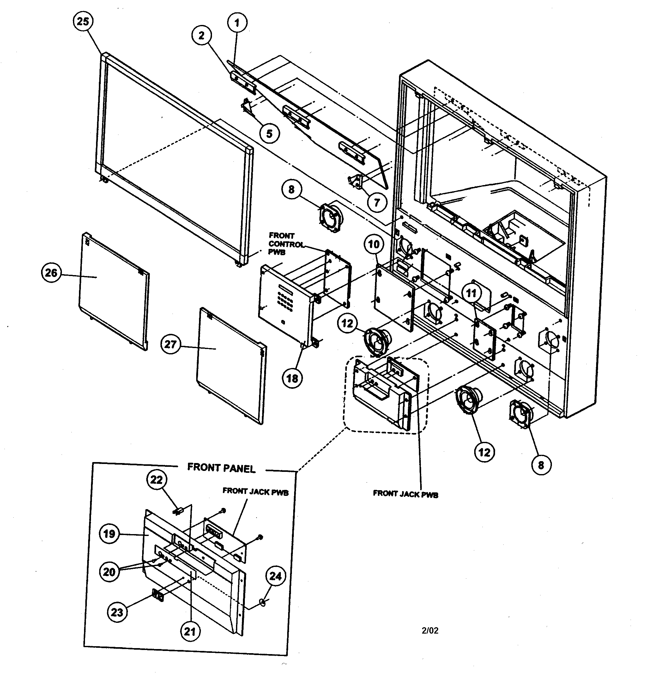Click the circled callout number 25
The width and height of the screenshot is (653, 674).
point(83,22)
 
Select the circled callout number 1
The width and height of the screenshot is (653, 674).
point(237,23)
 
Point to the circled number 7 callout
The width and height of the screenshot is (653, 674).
point(377,202)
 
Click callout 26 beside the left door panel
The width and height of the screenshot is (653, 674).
point(51,273)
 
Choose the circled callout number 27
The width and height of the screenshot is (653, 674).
point(171,344)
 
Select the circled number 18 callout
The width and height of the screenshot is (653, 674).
point(292,379)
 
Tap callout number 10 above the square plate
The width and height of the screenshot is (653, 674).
point(374,244)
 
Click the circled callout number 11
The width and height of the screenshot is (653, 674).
point(471,293)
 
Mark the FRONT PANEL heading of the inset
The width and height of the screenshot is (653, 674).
point(221,468)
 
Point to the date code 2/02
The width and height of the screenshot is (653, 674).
point(430,630)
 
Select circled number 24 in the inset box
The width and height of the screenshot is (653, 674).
point(275,576)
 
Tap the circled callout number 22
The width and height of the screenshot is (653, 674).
point(157,480)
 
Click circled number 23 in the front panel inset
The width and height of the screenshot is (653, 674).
point(117,612)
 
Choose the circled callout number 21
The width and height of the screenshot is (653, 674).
point(190,631)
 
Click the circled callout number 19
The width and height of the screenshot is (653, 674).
point(109,534)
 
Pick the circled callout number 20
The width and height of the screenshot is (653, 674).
point(109,572)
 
